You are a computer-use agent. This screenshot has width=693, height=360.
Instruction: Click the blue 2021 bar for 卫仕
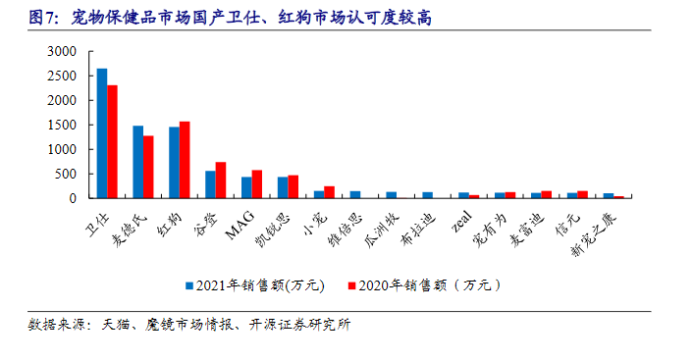(102, 133)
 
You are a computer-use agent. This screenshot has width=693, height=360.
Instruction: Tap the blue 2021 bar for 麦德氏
(138, 162)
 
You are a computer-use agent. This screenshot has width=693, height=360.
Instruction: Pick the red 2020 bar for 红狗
(185, 160)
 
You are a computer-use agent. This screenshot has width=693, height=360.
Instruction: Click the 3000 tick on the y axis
(61, 51)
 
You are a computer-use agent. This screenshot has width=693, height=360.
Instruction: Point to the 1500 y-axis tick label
(61, 125)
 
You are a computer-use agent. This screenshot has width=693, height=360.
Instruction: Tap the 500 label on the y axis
(65, 174)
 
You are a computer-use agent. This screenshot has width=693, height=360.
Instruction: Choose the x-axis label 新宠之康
(595, 231)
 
